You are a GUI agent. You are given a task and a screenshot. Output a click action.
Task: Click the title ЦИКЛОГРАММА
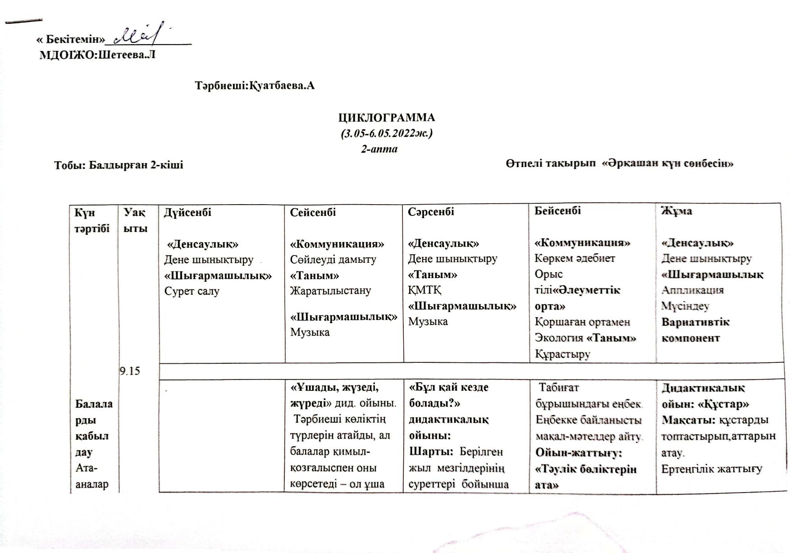pos(387,118)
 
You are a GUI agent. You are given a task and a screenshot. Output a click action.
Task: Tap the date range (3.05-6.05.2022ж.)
pos(387,133)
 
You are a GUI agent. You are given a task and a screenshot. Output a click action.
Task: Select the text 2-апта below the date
pos(379,149)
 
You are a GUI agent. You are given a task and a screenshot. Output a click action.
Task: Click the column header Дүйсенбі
pos(187,212)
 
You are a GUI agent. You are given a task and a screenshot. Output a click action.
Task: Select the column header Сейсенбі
pos(313,212)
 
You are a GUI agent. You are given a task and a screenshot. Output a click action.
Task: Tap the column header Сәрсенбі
pos(431,212)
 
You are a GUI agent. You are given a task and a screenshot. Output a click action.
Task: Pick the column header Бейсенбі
pos(557,210)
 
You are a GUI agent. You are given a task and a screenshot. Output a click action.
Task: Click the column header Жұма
pos(676,210)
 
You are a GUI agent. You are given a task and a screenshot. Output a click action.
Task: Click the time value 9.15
pos(130,371)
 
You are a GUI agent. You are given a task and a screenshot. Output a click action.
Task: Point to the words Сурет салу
pos(192,291)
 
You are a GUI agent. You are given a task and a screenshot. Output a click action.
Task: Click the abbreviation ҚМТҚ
pos(425,290)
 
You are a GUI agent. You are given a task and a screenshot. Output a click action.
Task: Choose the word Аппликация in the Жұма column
pos(692,290)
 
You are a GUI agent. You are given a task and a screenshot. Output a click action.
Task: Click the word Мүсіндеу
pos(685,306)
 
